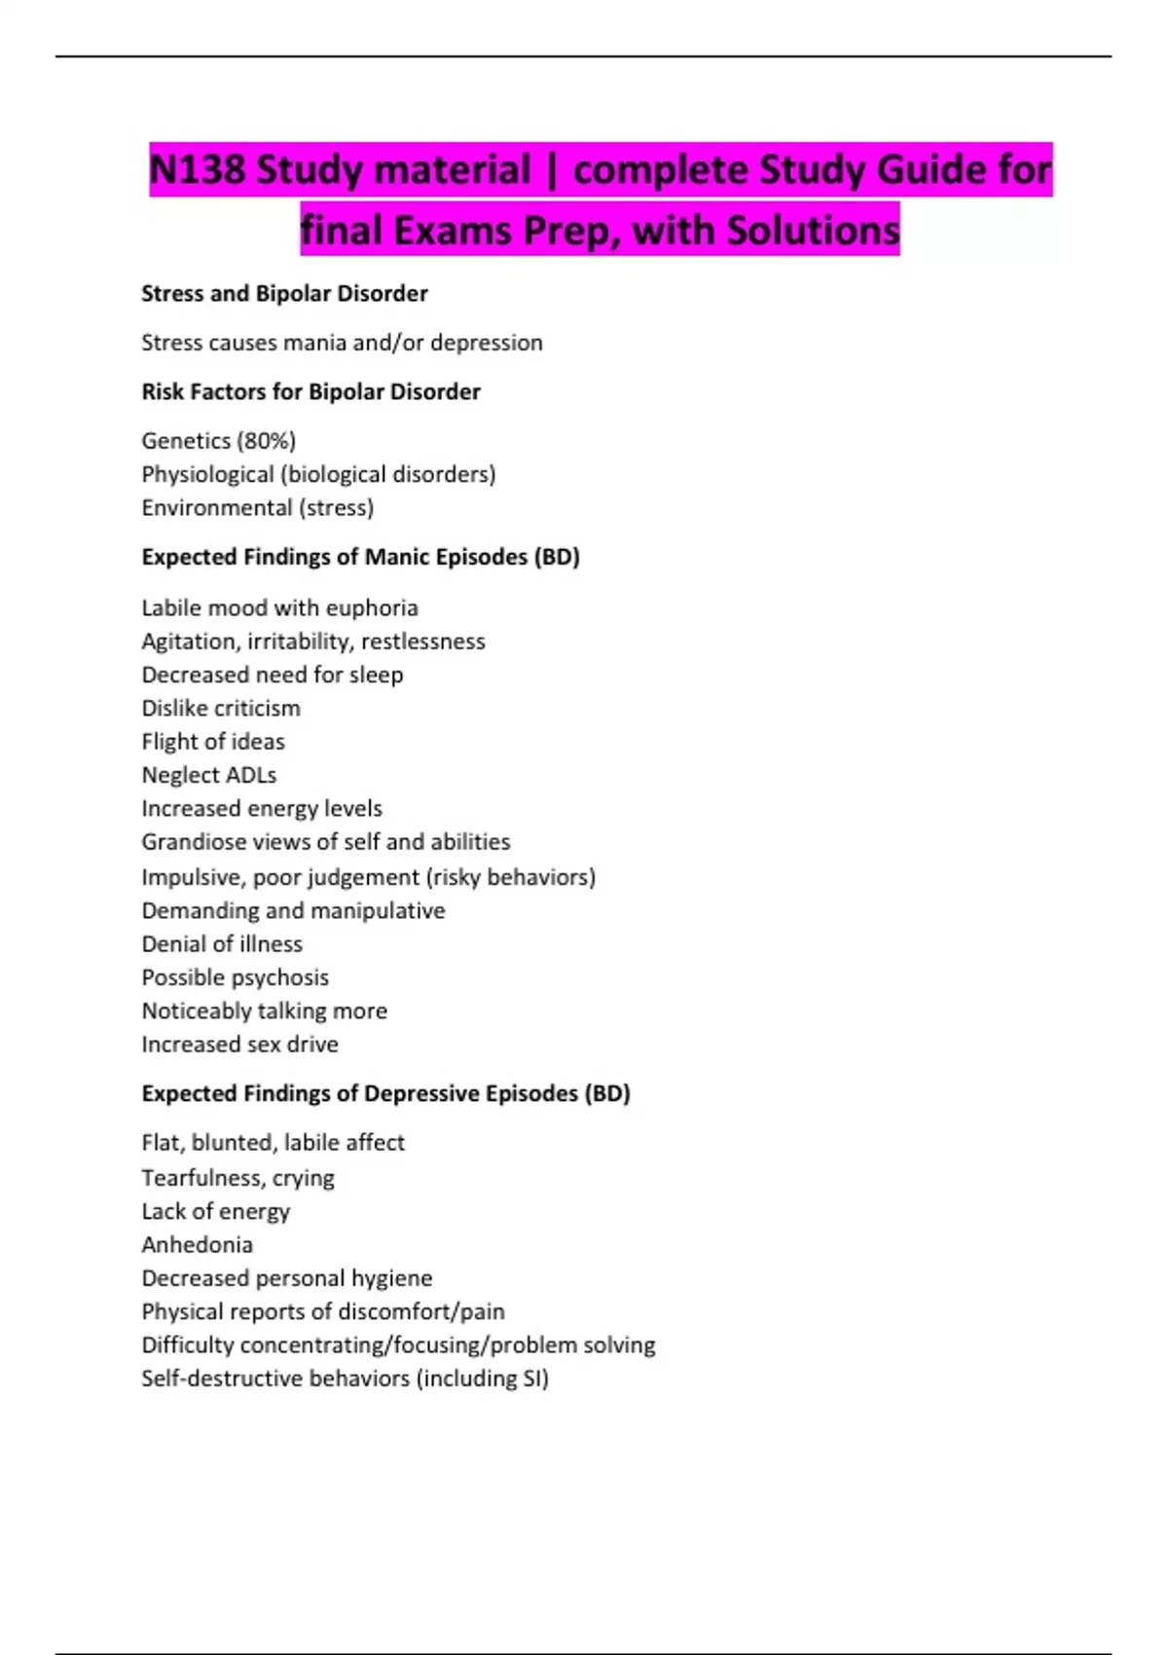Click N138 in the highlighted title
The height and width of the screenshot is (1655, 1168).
[x=197, y=170]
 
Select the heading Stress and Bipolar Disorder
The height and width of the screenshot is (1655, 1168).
[x=284, y=293]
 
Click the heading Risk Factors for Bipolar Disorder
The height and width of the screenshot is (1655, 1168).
[x=310, y=391]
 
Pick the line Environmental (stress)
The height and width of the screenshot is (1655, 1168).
[x=257, y=507]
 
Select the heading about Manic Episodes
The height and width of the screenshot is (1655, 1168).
[x=360, y=557]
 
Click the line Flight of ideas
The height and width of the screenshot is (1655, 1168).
[x=213, y=742]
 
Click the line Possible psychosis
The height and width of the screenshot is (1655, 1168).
[x=235, y=977]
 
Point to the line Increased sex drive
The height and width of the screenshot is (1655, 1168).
[x=239, y=1045]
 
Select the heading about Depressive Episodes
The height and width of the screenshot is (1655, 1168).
[x=385, y=1093]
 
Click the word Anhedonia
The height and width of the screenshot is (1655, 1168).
[x=197, y=1245]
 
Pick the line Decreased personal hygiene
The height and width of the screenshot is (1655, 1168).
[x=286, y=1278]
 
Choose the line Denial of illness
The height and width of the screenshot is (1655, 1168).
[x=222, y=944]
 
